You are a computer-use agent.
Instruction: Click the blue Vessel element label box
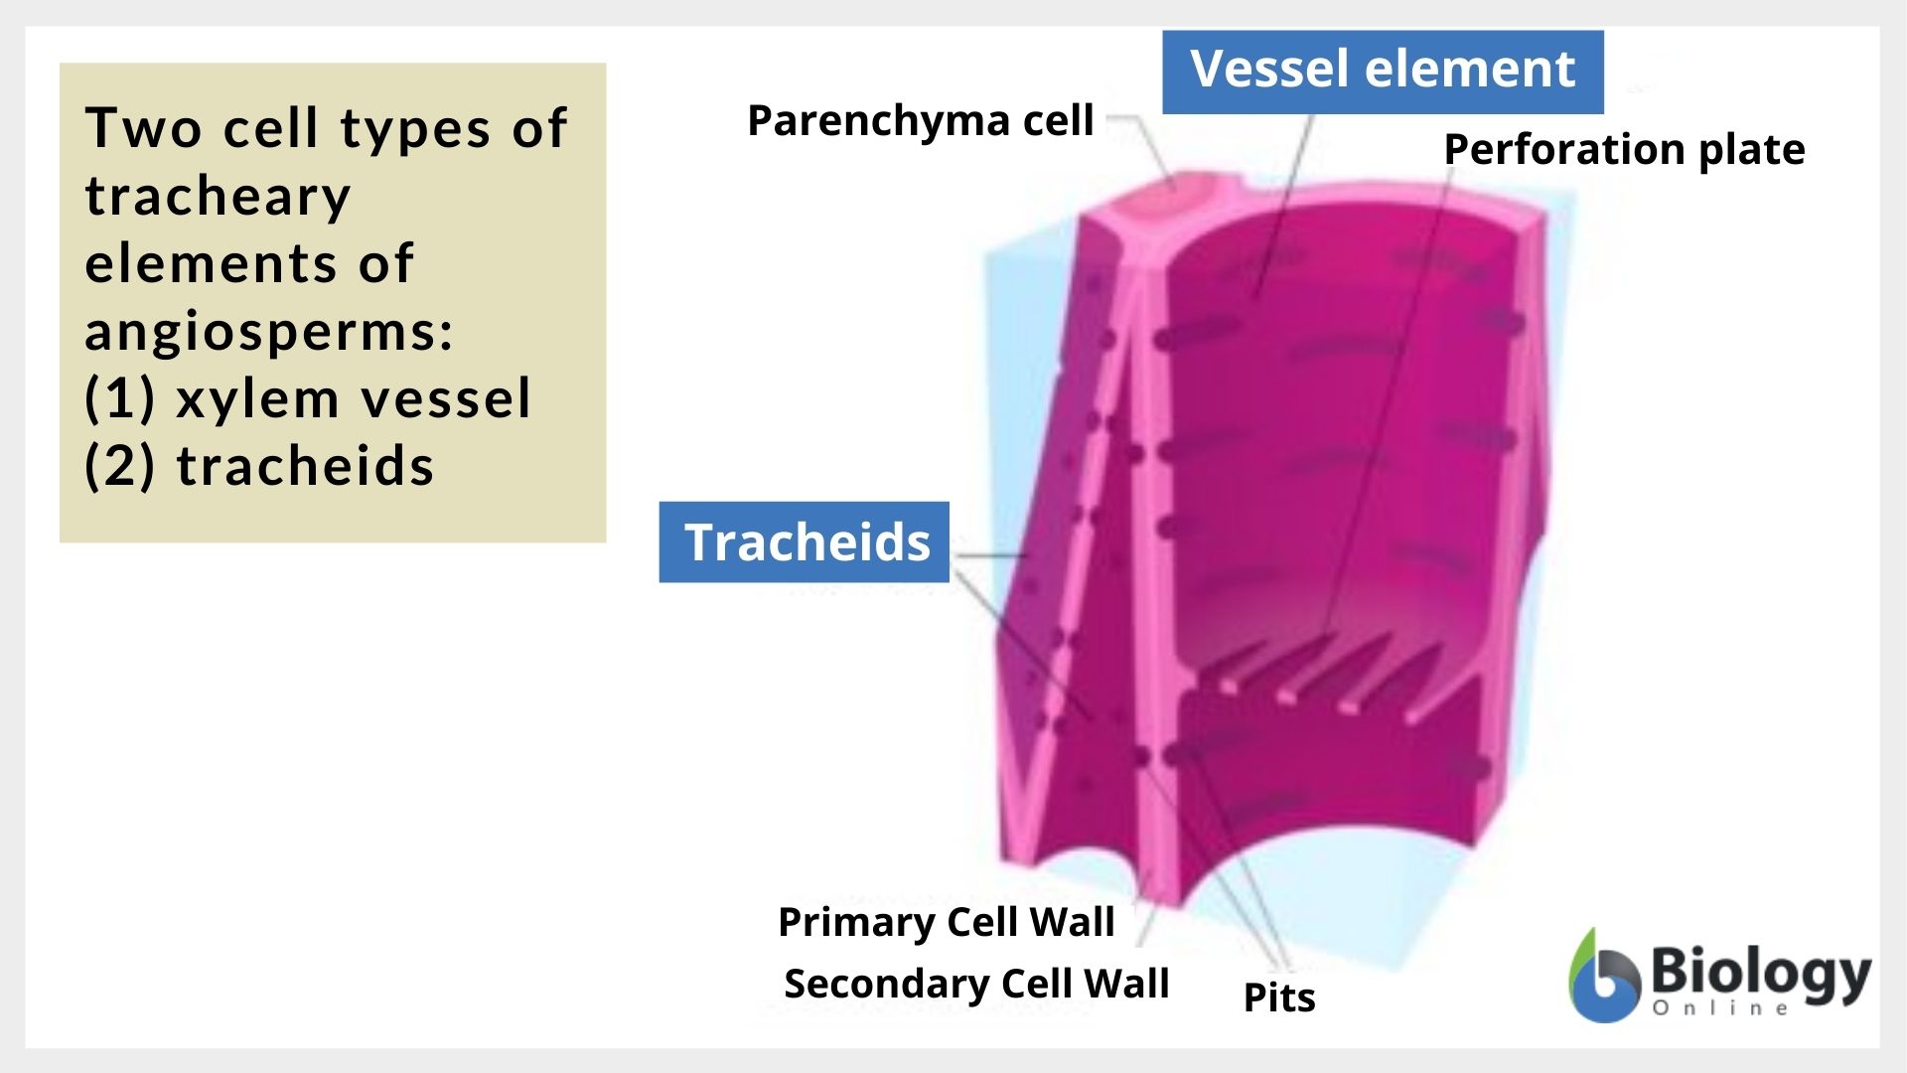click(x=1382, y=72)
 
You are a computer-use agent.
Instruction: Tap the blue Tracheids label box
click(x=805, y=542)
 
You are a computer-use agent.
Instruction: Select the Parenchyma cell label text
click(x=920, y=121)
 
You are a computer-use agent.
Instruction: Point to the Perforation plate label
click(x=1623, y=150)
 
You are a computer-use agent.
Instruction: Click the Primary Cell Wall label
click(x=946, y=922)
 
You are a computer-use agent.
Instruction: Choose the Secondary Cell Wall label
click(x=975, y=984)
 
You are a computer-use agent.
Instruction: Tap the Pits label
click(x=1278, y=997)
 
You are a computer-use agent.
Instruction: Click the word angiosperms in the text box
click(x=268, y=331)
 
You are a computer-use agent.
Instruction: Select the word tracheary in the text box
click(x=218, y=196)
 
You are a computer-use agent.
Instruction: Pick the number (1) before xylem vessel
click(x=120, y=398)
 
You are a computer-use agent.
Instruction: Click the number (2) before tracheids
click(x=120, y=466)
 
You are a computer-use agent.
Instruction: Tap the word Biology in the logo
click(x=1760, y=974)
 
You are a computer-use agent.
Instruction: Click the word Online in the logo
click(x=1720, y=1009)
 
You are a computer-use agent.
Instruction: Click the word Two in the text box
click(x=144, y=128)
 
